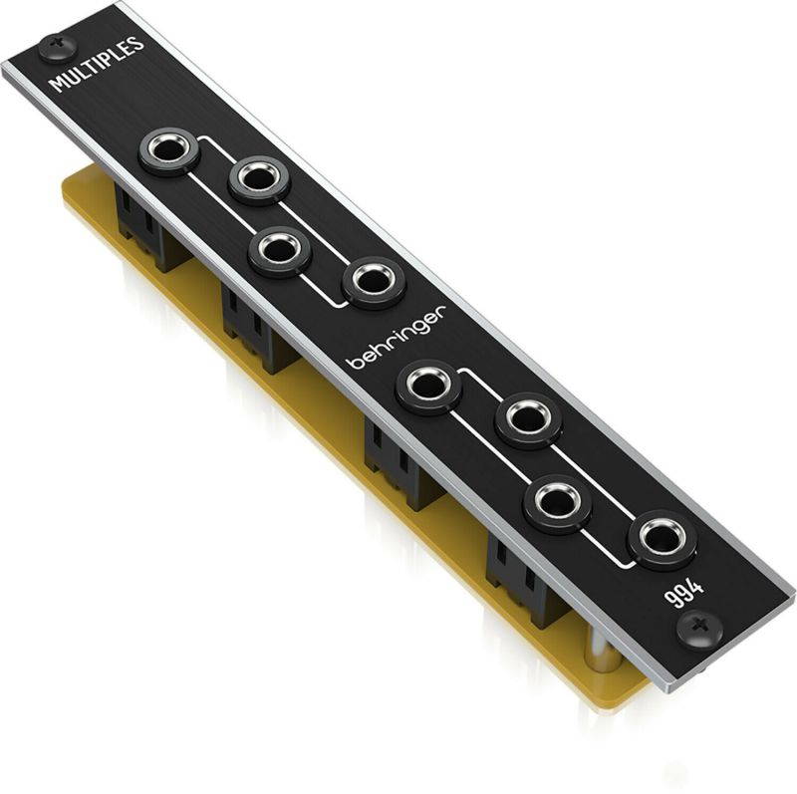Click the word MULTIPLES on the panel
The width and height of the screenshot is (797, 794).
[97, 65]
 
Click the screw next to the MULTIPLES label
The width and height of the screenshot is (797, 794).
[54, 44]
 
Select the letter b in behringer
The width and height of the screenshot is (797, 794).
[352, 363]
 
